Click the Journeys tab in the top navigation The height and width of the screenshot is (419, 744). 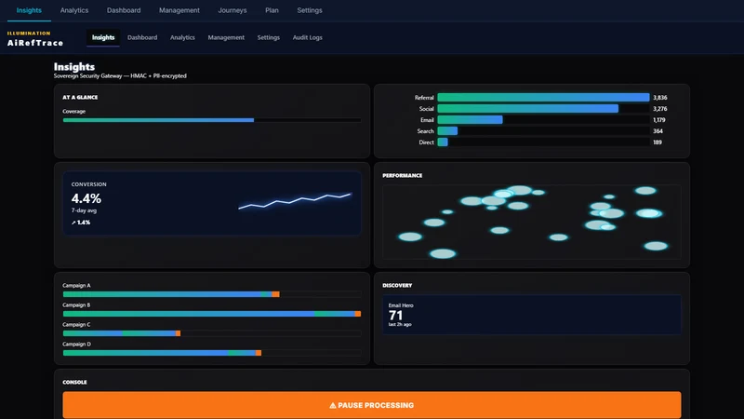[x=232, y=10]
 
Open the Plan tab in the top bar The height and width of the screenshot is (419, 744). [x=272, y=10]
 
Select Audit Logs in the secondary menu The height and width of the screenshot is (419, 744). [x=308, y=37]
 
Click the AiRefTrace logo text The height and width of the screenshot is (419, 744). [x=35, y=43]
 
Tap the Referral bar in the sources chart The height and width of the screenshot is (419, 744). [x=543, y=98]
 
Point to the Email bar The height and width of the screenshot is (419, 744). [x=470, y=120]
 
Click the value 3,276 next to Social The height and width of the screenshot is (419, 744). [x=660, y=109]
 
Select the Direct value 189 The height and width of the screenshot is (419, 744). [x=658, y=142]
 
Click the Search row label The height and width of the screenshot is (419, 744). [x=425, y=131]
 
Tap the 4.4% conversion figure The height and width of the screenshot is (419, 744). [x=86, y=198]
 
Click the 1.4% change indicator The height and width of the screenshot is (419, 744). [x=81, y=223]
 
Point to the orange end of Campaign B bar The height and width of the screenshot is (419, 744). [x=358, y=314]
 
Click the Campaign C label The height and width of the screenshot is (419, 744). [x=76, y=324]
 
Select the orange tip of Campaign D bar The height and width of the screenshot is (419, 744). [x=259, y=353]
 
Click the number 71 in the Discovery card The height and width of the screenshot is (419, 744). [x=395, y=316]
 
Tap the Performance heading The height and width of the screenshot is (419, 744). [x=403, y=175]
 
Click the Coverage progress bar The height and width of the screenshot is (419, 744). [x=212, y=120]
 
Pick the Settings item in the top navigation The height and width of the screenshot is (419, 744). [x=310, y=10]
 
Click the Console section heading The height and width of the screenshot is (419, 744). [x=74, y=382]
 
